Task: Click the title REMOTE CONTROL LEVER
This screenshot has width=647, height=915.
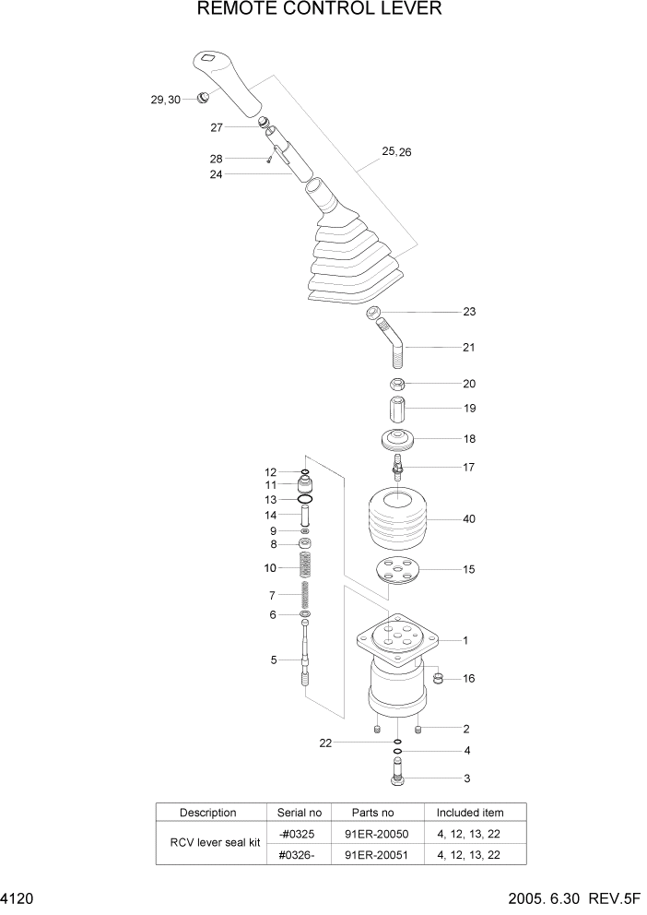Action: (319, 10)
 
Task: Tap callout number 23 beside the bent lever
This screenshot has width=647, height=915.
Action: (468, 312)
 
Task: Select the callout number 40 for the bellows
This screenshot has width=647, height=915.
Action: (468, 519)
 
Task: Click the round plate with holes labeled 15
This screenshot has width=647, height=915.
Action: (396, 571)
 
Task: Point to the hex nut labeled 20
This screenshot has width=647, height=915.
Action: (398, 383)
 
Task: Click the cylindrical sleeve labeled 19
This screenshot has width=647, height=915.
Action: (397, 408)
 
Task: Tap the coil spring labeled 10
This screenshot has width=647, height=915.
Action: (305, 568)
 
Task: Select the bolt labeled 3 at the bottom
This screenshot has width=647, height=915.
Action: (397, 778)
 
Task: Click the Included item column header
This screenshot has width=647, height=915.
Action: (470, 813)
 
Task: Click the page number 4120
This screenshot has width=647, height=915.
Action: (18, 898)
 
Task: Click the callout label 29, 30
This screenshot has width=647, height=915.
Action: (166, 99)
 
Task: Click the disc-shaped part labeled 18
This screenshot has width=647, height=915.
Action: (397, 440)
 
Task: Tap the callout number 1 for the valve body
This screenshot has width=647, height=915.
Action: (465, 639)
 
